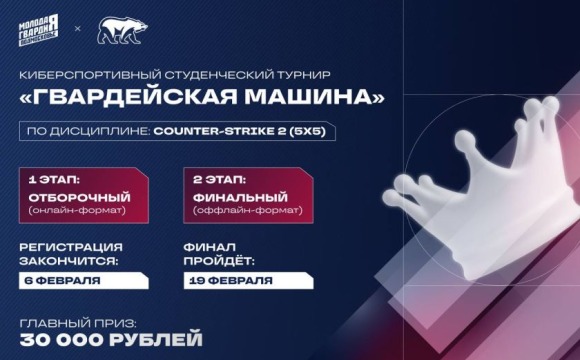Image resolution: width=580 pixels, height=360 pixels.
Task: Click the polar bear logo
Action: (121, 30)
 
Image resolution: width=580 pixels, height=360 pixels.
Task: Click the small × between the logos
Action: (79, 30)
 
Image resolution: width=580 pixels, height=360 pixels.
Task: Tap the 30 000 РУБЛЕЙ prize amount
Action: (110, 341)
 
